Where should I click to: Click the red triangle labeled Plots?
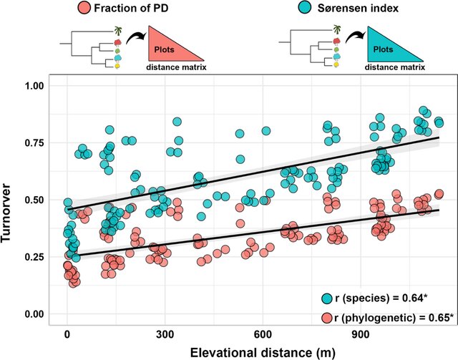170,49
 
